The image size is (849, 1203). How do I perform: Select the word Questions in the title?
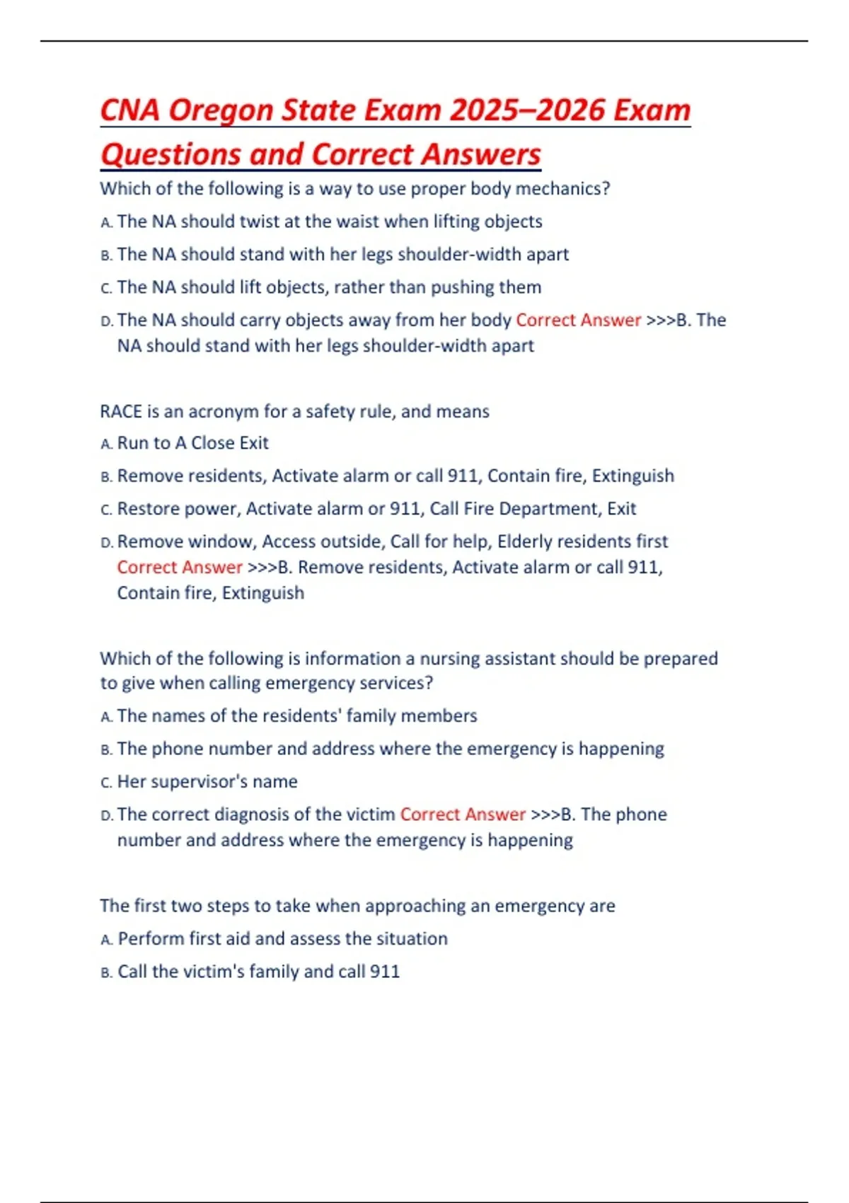pyautogui.click(x=170, y=155)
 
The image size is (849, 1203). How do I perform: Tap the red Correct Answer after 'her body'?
pyautogui.click(x=578, y=321)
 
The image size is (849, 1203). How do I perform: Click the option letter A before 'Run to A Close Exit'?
pyautogui.click(x=105, y=444)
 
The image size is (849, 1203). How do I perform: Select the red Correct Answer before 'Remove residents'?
pyautogui.click(x=180, y=568)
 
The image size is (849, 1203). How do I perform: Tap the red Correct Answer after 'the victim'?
pyautogui.click(x=463, y=815)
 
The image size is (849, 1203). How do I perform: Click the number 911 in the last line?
pyautogui.click(x=385, y=972)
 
